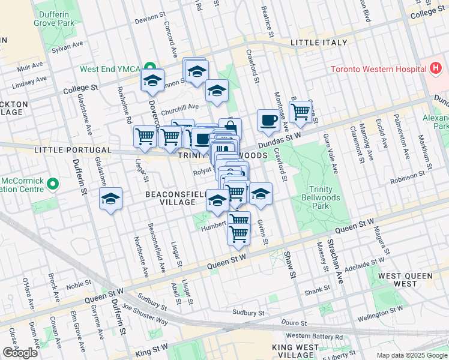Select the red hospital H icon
(x=436, y=68)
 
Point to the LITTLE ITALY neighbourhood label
(x=318, y=43)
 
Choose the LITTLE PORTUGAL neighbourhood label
(x=73, y=150)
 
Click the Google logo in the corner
(x=20, y=353)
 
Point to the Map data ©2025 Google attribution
(x=412, y=355)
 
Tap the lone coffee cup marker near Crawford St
(x=268, y=121)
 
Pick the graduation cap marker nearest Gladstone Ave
(x=110, y=199)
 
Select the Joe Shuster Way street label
(x=145, y=314)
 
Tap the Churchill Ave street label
(x=180, y=107)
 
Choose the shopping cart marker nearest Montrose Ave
(x=301, y=112)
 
